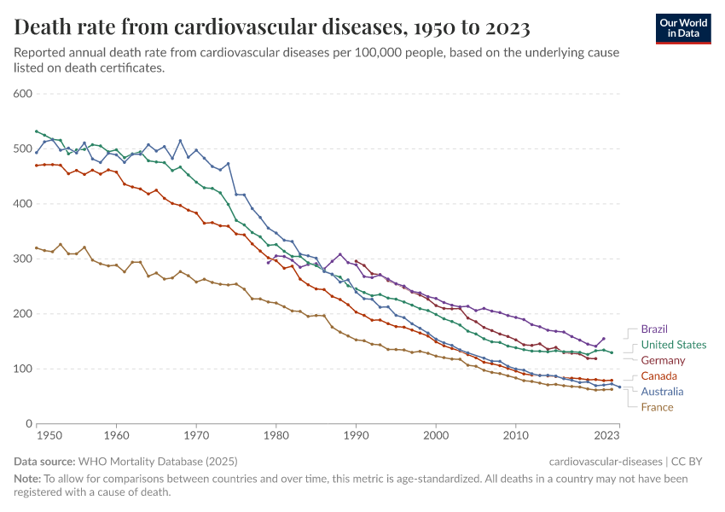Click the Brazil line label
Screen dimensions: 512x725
653,329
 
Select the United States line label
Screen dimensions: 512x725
673,345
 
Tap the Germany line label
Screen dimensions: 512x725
663,361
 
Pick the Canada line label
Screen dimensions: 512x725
658,376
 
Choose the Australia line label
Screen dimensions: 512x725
662,392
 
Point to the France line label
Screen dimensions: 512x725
656,407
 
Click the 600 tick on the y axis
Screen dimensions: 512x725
22,94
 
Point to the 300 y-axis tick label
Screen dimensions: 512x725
22,259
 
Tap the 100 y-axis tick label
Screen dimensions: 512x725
22,369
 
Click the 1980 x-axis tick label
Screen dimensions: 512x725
275,436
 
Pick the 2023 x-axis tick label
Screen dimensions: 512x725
607,436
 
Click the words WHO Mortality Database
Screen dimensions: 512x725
142,461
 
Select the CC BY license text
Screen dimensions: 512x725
694,461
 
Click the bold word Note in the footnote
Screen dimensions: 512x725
29,479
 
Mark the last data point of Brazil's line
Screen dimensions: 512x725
604,339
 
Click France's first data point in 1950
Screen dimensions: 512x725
36,247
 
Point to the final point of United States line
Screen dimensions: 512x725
612,352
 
